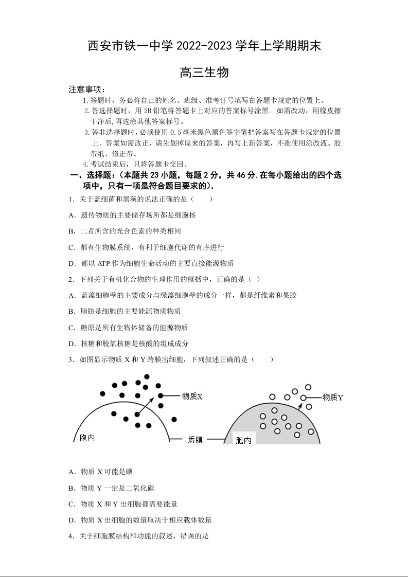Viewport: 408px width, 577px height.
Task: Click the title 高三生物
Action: click(204, 73)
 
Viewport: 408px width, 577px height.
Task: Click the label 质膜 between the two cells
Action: click(195, 440)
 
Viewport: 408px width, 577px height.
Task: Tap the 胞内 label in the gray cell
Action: click(243, 440)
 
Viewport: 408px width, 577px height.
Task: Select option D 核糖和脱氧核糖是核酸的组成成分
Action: click(129, 344)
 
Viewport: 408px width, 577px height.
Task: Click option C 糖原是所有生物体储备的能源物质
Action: click(128, 328)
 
